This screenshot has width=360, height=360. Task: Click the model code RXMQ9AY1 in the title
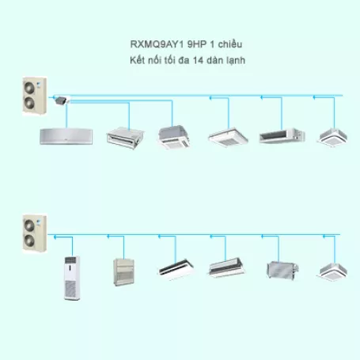click(x=157, y=44)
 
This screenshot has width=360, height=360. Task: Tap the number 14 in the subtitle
click(x=198, y=60)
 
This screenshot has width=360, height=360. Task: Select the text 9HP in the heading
click(x=197, y=44)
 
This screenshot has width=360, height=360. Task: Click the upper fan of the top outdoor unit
click(x=29, y=88)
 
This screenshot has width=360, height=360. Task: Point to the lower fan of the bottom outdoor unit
click(x=29, y=240)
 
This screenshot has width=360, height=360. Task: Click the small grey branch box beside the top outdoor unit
click(x=62, y=100)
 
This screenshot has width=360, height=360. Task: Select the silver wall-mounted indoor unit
click(x=66, y=136)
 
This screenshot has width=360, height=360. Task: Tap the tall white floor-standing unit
click(x=72, y=278)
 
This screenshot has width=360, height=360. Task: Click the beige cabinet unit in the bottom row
click(x=123, y=272)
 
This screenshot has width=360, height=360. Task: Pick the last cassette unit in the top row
click(x=332, y=137)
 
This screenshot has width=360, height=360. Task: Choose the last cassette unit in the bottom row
click(x=332, y=272)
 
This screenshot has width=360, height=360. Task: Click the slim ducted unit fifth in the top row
click(x=282, y=136)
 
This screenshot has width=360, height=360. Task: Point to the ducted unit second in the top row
click(x=125, y=138)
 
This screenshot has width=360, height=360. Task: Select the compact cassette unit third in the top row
click(x=174, y=137)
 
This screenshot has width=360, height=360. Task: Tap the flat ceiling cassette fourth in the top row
click(x=228, y=137)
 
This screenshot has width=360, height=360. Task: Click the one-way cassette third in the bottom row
click(x=176, y=270)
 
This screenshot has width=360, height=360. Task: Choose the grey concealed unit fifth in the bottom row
click(x=282, y=271)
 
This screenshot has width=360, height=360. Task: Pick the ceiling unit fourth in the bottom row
click(x=226, y=267)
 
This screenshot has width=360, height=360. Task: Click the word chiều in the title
click(x=230, y=44)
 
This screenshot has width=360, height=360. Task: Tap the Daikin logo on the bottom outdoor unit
click(x=40, y=221)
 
